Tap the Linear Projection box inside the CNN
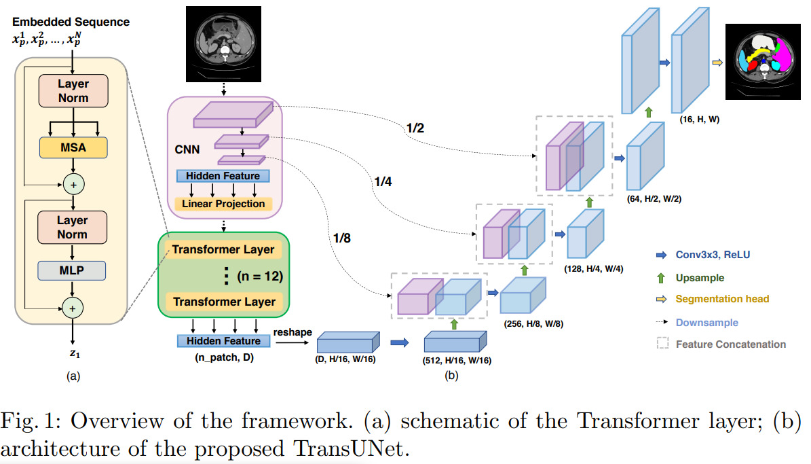tap(223, 204)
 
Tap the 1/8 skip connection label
tap(343, 238)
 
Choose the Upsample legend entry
tap(699, 277)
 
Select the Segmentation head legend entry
tap(721, 299)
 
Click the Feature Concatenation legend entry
tap(730, 344)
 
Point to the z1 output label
tap(72, 354)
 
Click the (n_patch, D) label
tap(219, 357)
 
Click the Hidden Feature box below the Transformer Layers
tap(219, 341)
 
